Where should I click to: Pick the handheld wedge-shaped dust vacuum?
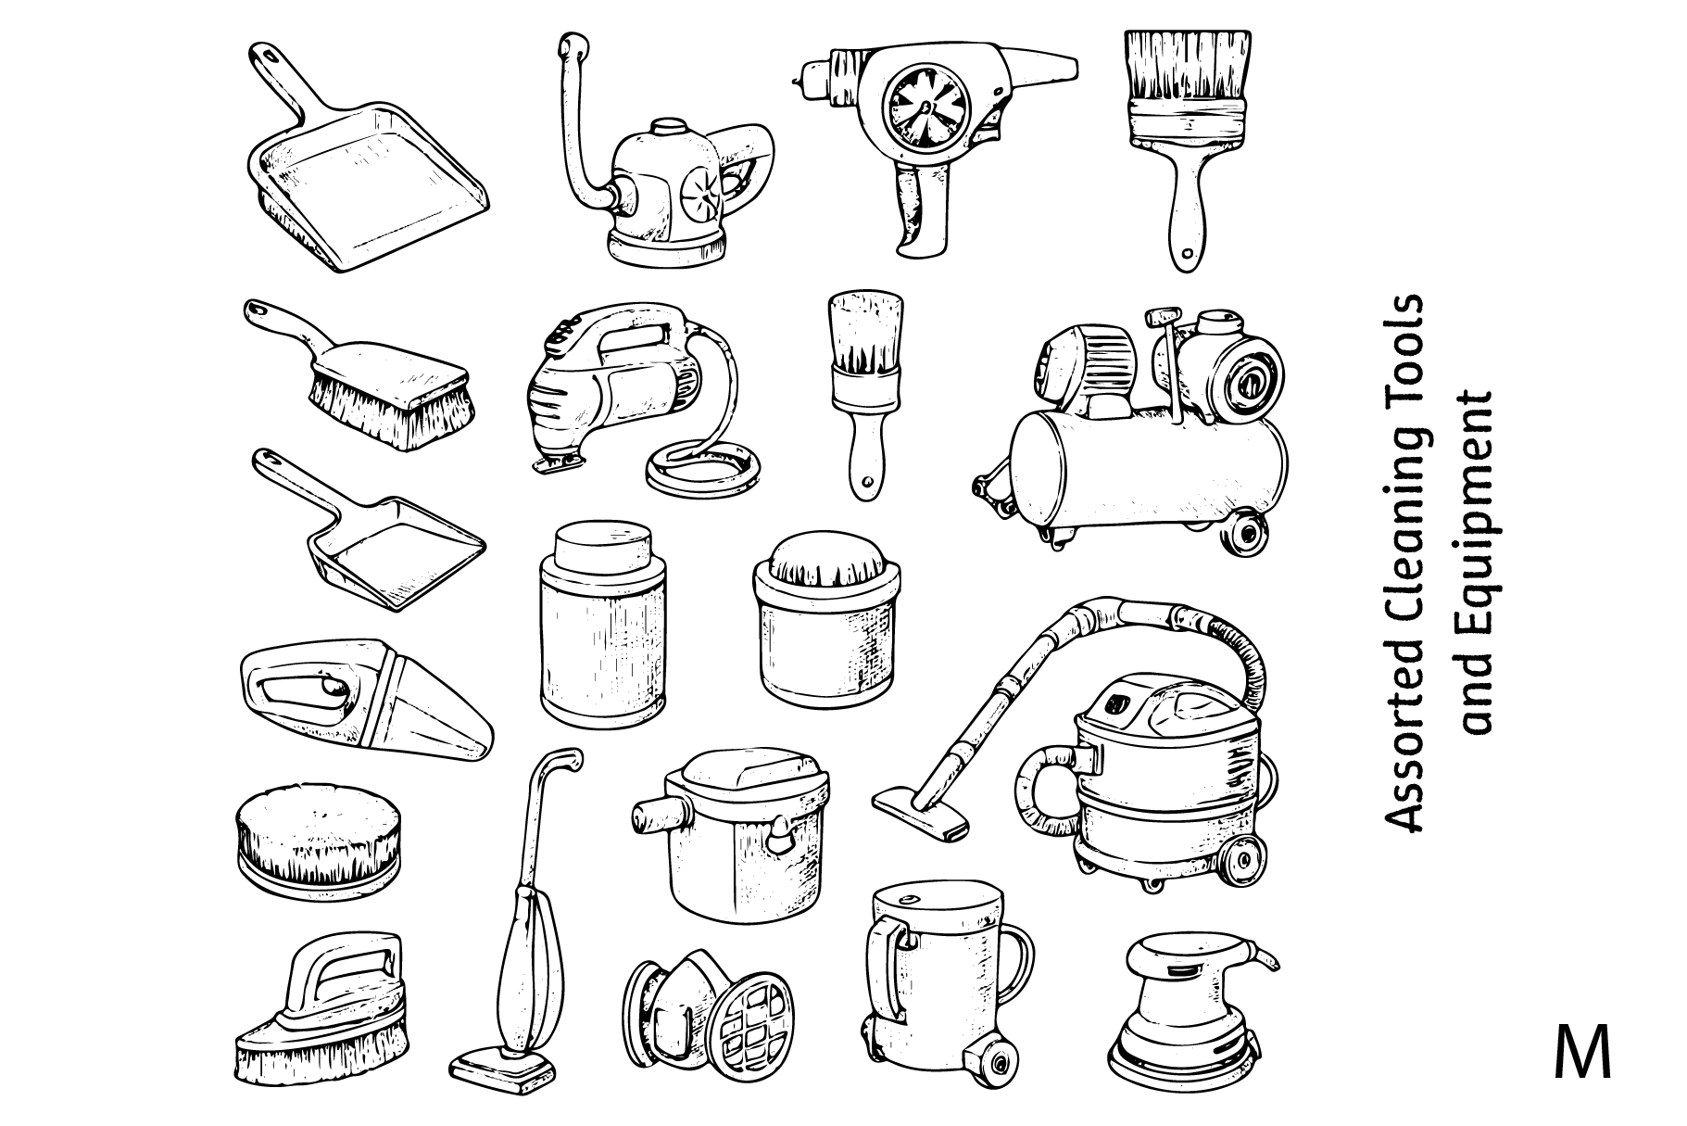coord(365,700)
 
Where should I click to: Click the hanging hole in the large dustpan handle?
coord(270,55)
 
